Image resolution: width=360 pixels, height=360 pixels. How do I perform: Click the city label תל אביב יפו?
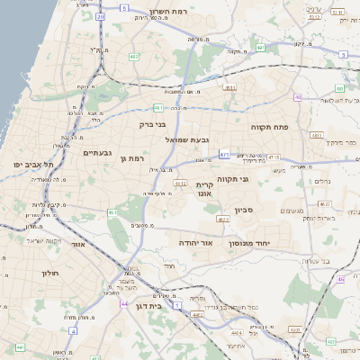pyautogui.click(x=34, y=164)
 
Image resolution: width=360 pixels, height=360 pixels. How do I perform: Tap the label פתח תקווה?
pyautogui.click(x=269, y=127)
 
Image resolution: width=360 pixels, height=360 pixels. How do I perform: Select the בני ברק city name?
pyautogui.click(x=155, y=125)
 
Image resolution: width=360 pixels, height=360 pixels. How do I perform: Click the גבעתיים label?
pyautogui.click(x=96, y=153)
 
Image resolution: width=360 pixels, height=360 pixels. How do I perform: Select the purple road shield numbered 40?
pyautogui.click(x=298, y=97)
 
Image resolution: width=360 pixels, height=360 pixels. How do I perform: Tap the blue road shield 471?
pyautogui.click(x=222, y=154)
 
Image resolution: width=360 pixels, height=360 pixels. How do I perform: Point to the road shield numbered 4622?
pyautogui.click(x=223, y=220)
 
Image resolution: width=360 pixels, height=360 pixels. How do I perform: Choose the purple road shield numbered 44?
pyautogui.click(x=123, y=304)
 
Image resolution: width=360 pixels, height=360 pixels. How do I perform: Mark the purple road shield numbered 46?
pyautogui.click(x=341, y=279)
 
